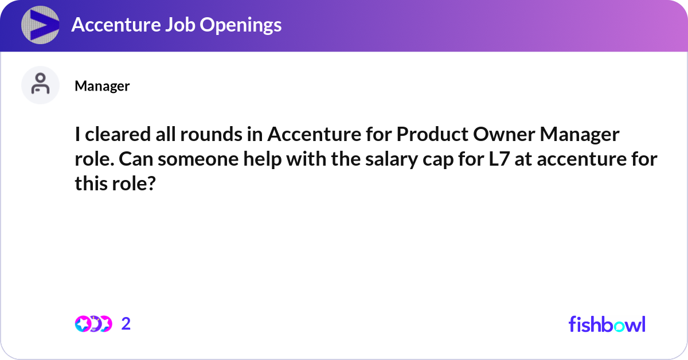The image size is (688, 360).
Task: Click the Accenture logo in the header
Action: [41, 25]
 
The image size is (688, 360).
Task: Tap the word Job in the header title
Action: [187, 25]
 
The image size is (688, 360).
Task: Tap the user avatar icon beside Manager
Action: [40, 85]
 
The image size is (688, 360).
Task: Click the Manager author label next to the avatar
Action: [102, 86]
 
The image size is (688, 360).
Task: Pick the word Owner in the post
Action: [500, 135]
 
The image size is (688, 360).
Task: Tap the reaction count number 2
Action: [126, 324]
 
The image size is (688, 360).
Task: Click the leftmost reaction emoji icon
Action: [82, 324]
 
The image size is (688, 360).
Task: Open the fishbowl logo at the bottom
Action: [607, 324]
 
